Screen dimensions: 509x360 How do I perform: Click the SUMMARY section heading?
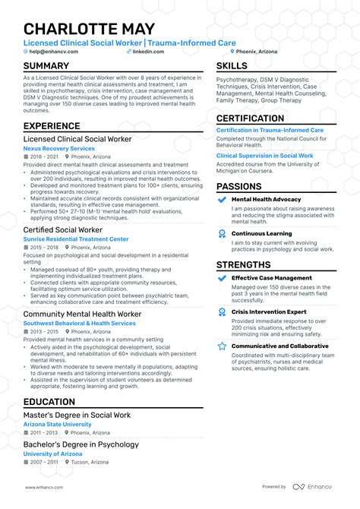pos(46,66)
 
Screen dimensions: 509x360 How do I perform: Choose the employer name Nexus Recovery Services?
pos(59,149)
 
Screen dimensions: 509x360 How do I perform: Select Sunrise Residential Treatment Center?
pos(76,239)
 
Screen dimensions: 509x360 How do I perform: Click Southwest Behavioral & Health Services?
pos(80,323)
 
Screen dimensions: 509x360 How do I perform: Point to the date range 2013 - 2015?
pos(45,331)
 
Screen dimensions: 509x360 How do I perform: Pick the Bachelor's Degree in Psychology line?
pos(81,444)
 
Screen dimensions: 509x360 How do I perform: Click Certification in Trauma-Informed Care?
pos(270,130)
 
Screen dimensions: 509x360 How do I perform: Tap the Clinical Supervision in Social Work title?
pos(265,155)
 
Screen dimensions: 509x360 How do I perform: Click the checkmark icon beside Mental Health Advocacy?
pos(222,199)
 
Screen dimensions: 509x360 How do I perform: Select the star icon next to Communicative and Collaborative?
pos(222,346)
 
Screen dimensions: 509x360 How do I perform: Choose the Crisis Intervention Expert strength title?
pos(268,311)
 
